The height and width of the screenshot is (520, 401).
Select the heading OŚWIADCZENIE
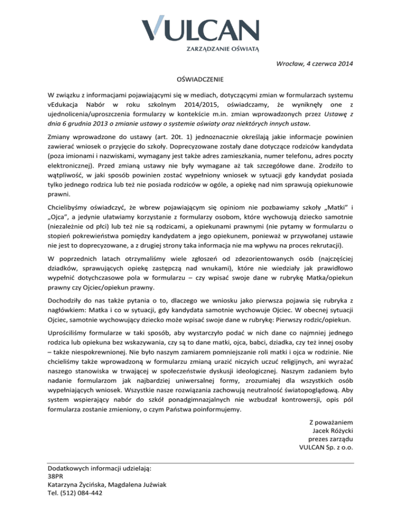[x=200, y=80]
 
